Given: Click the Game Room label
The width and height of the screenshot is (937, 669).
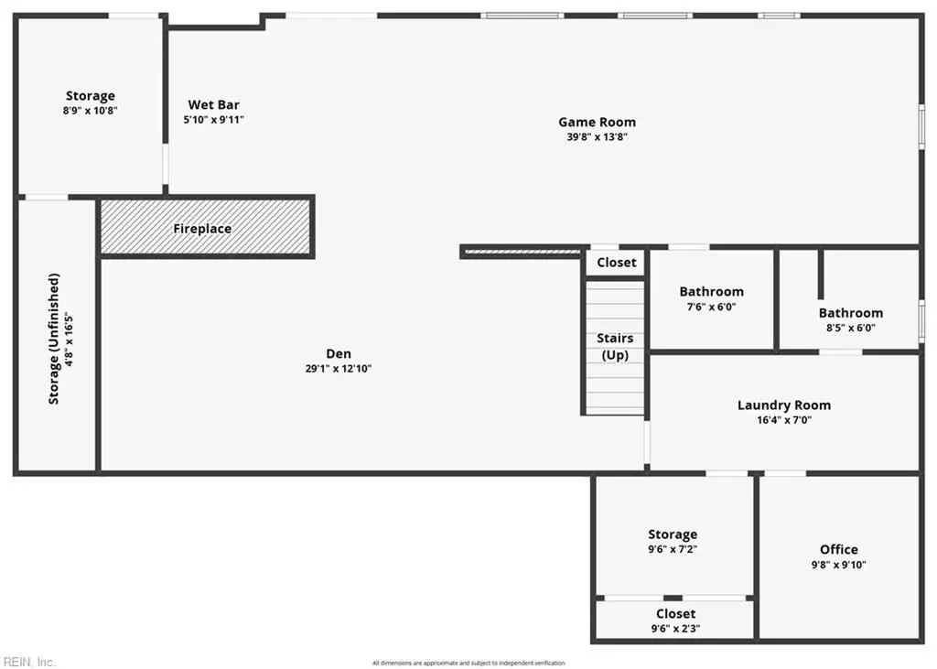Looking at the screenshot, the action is [597, 122].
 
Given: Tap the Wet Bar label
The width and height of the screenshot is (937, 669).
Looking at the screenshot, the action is [214, 104].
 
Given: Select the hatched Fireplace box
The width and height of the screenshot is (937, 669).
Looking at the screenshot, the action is [206, 227].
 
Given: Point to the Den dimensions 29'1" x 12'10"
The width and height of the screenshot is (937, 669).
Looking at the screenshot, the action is [339, 369].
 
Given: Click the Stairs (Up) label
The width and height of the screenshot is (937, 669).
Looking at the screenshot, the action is [615, 346].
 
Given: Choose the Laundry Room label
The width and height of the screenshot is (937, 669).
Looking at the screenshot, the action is [784, 405].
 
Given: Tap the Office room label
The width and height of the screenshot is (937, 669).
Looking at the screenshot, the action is [839, 549].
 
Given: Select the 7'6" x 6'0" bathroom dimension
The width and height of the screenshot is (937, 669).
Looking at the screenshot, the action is [711, 307].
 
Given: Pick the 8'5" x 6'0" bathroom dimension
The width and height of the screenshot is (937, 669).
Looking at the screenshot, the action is [851, 328].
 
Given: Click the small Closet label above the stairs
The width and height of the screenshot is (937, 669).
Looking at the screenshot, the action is [617, 263].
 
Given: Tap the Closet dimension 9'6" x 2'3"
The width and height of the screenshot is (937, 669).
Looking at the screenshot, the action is [676, 629].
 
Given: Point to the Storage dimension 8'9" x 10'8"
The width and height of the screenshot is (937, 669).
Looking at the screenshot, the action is [91, 111].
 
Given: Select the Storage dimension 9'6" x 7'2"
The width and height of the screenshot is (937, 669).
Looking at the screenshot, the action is [673, 549].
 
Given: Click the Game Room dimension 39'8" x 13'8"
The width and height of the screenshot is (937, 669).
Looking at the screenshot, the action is [597, 137].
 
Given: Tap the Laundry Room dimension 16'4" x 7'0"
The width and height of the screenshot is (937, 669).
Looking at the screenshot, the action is [784, 420].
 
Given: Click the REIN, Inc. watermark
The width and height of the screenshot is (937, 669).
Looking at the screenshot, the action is [28, 662].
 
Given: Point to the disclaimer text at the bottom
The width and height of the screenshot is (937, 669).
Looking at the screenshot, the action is [468, 663].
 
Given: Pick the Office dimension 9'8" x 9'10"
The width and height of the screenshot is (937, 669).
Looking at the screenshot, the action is [839, 565].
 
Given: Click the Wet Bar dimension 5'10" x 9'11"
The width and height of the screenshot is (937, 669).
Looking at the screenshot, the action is [214, 120].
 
